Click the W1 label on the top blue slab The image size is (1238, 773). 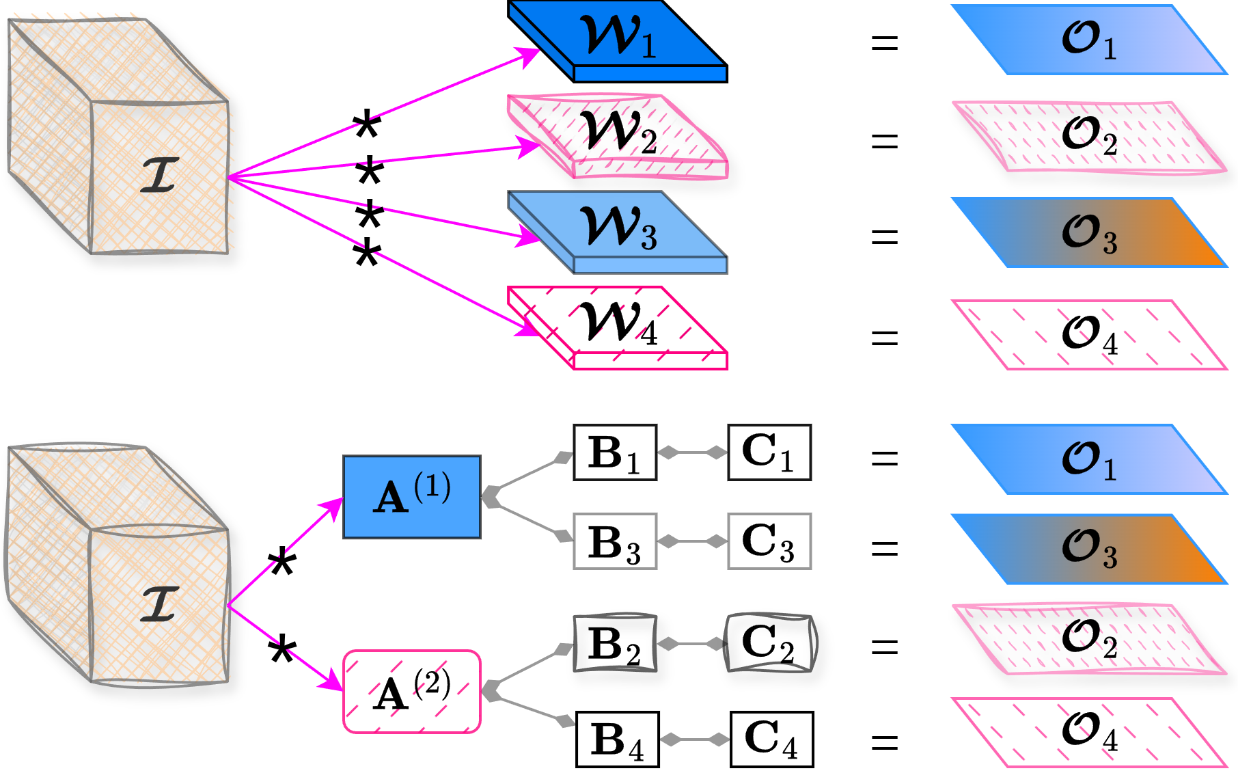[x=618, y=37]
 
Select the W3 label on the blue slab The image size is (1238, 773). [x=618, y=228]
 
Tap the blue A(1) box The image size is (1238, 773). [x=412, y=497]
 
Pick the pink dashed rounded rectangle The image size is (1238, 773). [x=412, y=692]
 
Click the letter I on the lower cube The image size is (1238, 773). [x=160, y=603]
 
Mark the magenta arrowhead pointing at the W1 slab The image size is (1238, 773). [x=529, y=56]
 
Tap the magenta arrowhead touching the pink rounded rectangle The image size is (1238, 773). [x=333, y=680]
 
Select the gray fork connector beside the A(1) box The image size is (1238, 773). [x=526, y=496]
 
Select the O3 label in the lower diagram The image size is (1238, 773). [x=1089, y=549]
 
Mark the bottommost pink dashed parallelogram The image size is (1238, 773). [x=1089, y=731]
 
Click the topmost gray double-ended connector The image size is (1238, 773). [x=692, y=452]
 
